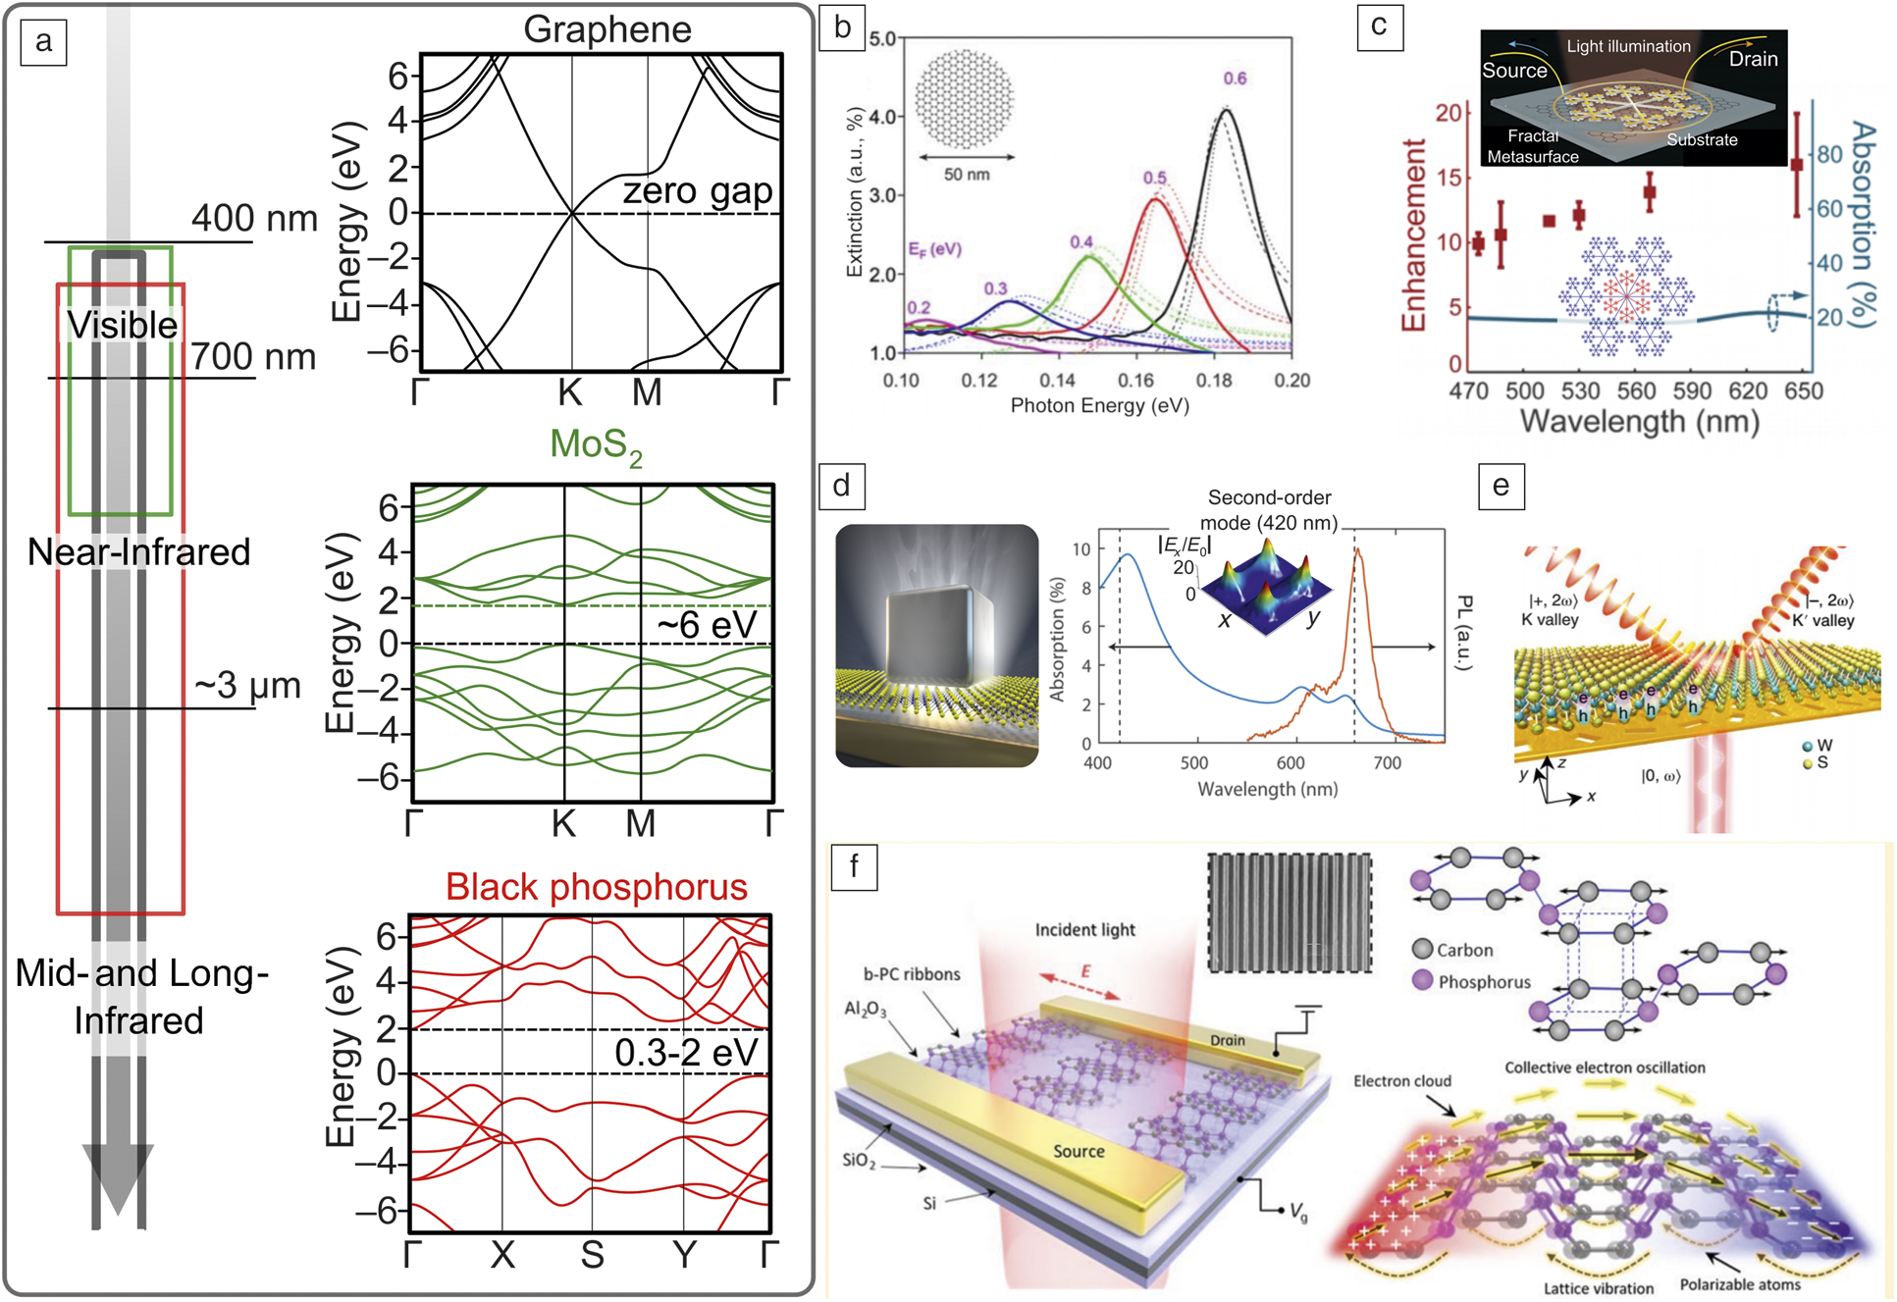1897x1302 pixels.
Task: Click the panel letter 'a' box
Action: [x=43, y=42]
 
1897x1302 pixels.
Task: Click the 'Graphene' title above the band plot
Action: [x=606, y=28]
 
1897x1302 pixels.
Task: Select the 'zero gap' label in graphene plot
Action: [x=697, y=190]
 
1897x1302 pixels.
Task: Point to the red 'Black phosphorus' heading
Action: [x=596, y=887]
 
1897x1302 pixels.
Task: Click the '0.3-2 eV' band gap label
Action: [x=686, y=1053]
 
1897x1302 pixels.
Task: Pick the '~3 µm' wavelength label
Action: [x=247, y=685]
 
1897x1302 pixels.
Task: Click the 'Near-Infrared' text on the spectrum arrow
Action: [x=138, y=552]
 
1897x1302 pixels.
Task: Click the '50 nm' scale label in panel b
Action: [x=967, y=175]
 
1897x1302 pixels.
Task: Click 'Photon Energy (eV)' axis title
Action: [x=1099, y=406]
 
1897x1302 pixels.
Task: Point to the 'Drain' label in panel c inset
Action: [x=1753, y=59]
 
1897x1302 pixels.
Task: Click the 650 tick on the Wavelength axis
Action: [x=1803, y=391]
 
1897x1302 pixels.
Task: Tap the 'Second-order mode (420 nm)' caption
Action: [x=1269, y=510]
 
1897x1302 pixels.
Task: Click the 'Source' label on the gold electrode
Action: [x=1079, y=1151]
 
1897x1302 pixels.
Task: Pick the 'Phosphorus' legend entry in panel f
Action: [x=1483, y=982]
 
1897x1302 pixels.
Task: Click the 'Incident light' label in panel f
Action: [x=1084, y=929]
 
